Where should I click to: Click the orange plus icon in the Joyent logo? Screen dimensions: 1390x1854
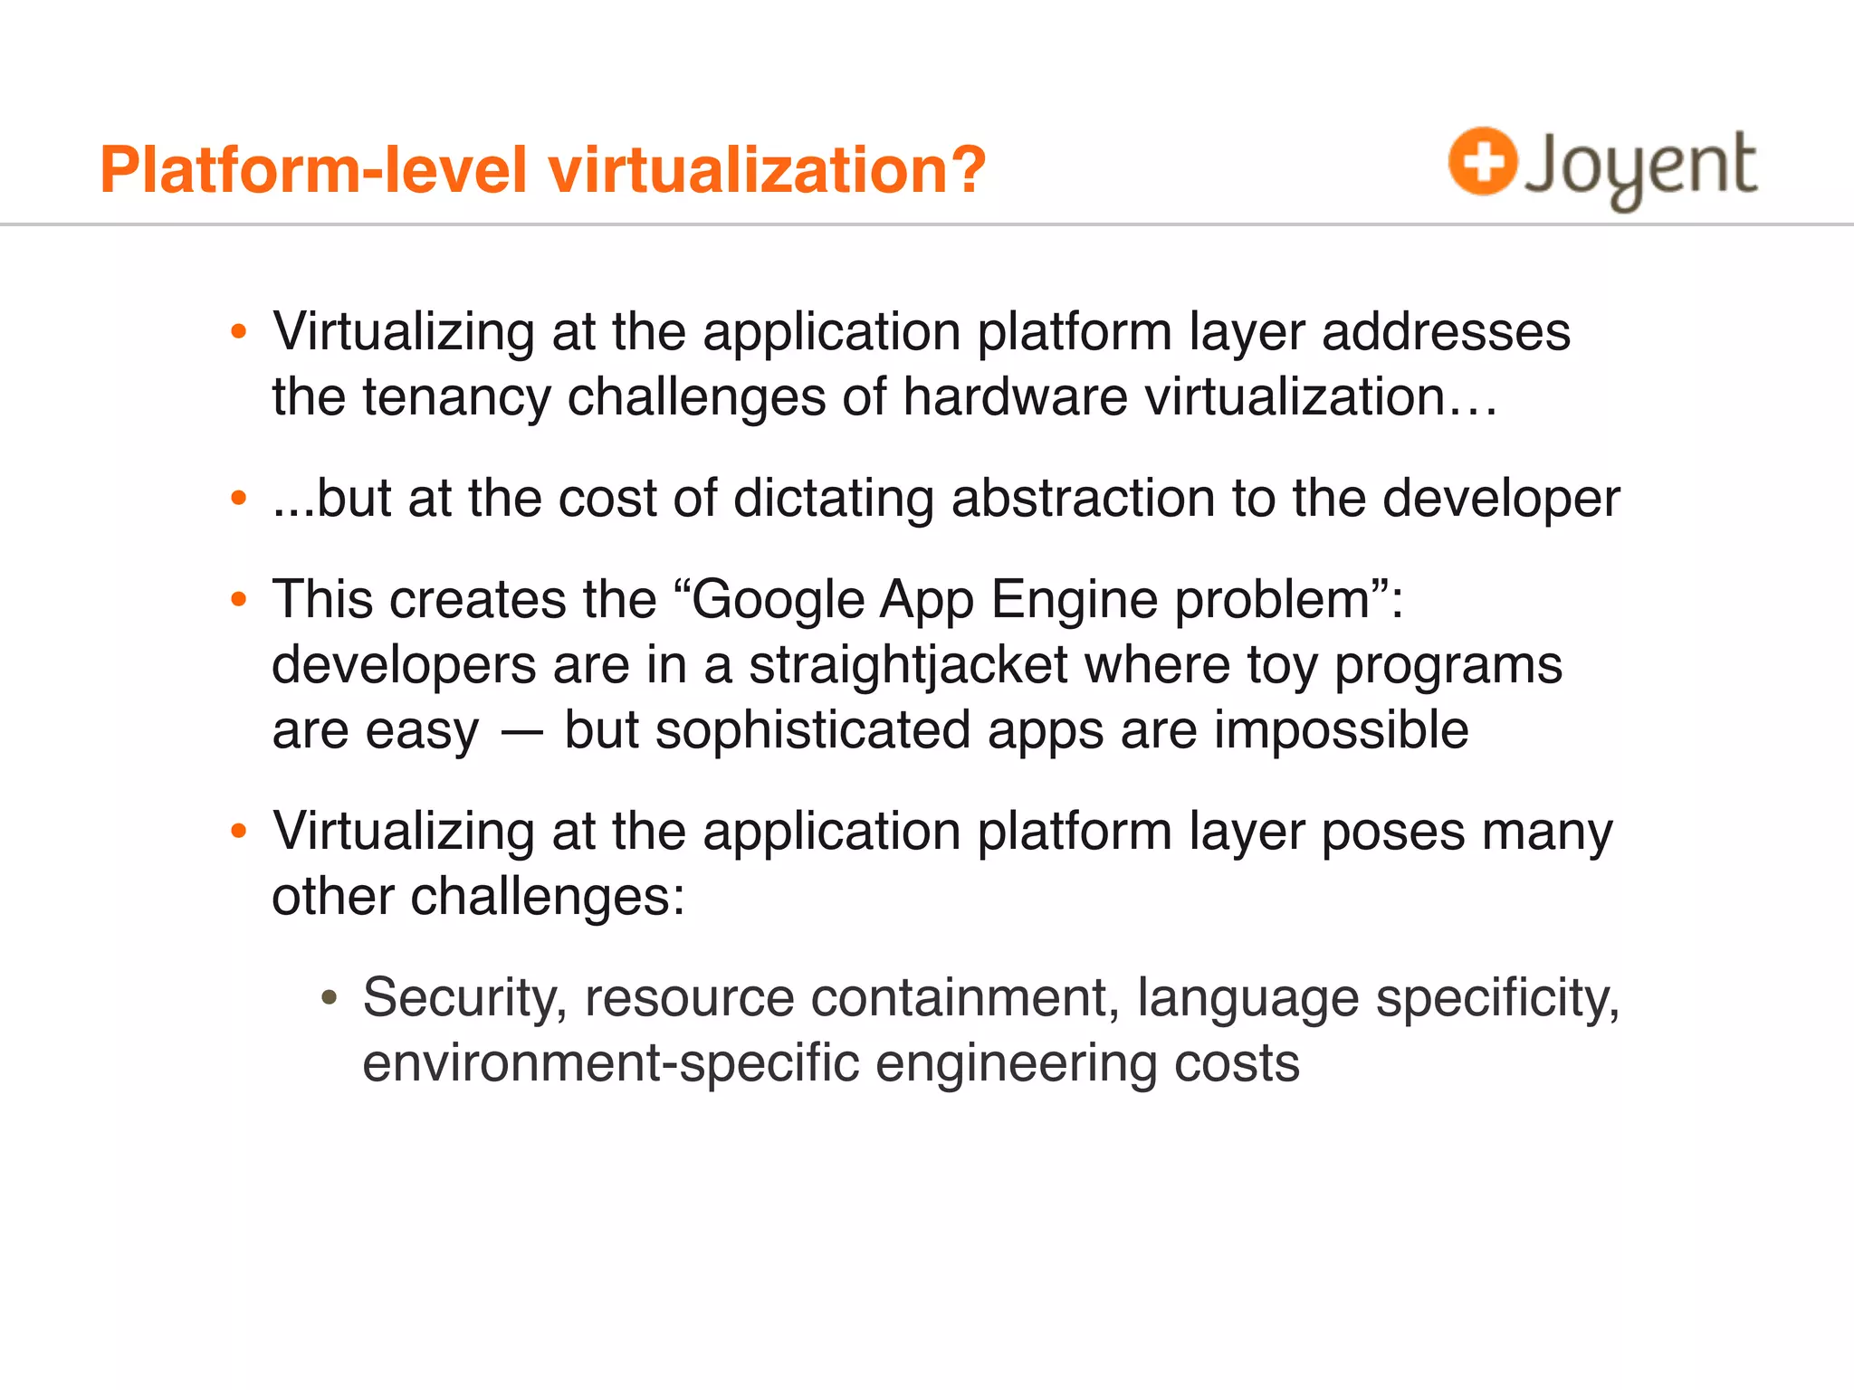click(x=1482, y=161)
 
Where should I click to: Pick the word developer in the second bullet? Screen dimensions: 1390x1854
click(x=1501, y=500)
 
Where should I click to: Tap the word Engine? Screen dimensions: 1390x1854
click(x=1074, y=601)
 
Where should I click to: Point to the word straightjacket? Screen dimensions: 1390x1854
click(x=908, y=666)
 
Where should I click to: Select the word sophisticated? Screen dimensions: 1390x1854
click(x=812, y=731)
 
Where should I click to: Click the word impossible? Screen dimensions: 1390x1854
click(x=1341, y=731)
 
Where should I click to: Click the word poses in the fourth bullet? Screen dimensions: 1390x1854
click(x=1392, y=833)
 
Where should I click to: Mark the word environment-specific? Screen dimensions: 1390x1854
click(x=610, y=1064)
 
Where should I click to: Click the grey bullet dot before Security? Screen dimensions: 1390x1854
click(x=330, y=999)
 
